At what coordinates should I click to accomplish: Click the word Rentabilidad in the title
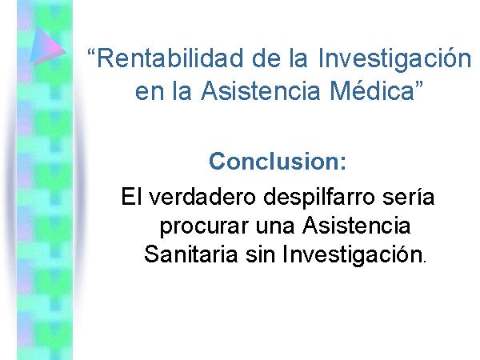(170, 58)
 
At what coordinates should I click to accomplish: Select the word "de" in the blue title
(266, 58)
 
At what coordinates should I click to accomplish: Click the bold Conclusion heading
(278, 161)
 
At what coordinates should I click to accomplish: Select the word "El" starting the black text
(132, 196)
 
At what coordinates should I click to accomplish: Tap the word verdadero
(202, 196)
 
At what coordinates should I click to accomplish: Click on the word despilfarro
(319, 198)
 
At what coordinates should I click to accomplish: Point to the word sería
(408, 196)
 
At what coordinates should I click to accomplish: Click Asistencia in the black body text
(356, 226)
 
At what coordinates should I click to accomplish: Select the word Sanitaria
(190, 254)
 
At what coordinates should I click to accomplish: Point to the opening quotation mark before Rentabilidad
(90, 53)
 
